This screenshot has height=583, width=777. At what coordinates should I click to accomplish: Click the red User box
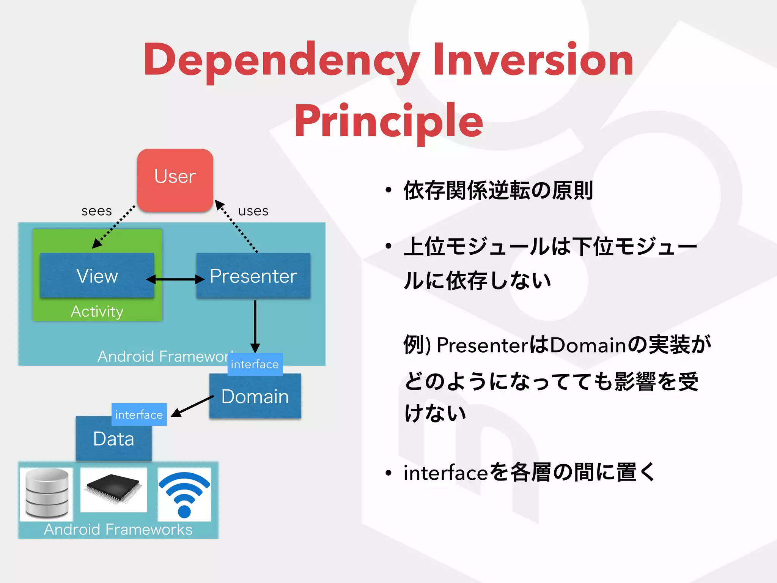coord(175,180)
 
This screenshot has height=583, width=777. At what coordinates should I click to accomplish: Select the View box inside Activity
coord(97,275)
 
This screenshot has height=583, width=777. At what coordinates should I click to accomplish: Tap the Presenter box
coord(253,275)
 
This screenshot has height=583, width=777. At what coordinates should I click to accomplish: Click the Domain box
coord(255,397)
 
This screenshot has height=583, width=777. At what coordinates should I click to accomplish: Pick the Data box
coord(113,440)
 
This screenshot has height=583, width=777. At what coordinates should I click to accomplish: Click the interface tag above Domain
coord(255,364)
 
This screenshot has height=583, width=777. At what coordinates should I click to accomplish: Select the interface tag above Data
coord(139,414)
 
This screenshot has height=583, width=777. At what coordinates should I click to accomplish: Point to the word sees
coord(97,211)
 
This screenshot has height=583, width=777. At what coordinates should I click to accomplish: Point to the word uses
coord(253,211)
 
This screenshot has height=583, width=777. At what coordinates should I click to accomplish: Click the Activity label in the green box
coord(97,312)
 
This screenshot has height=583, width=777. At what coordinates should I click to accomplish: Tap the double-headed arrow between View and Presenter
coord(175,280)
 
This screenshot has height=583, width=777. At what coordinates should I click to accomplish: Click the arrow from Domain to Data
coord(193,406)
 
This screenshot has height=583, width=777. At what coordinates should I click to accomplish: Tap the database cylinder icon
coord(47,493)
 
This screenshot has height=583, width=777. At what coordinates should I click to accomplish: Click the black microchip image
coord(113,490)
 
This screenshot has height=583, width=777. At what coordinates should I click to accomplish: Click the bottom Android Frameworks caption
coord(118,529)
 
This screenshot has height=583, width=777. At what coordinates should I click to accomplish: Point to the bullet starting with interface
coord(529,473)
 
